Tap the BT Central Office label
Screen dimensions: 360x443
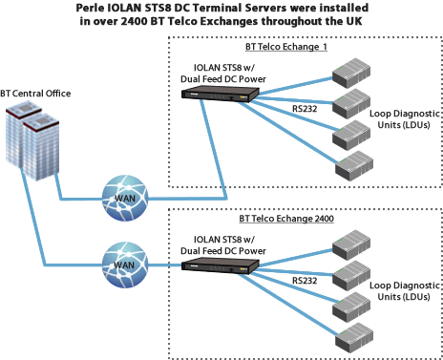(36, 93)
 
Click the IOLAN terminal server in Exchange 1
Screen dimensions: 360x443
(220, 92)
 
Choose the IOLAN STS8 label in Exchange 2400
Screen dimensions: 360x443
(221, 239)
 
